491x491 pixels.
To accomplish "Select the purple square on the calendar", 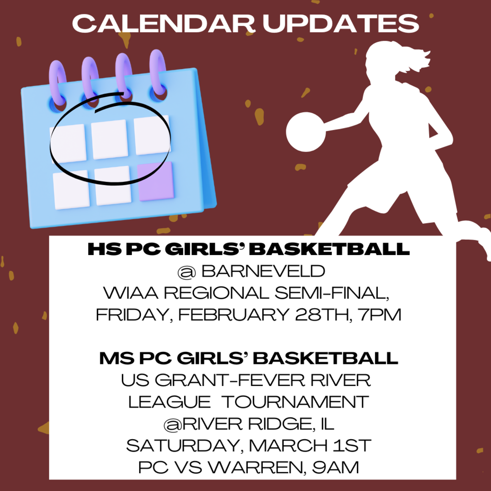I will [156, 181].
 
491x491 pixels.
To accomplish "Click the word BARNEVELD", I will [263, 272].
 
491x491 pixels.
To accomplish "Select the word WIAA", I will [124, 293].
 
